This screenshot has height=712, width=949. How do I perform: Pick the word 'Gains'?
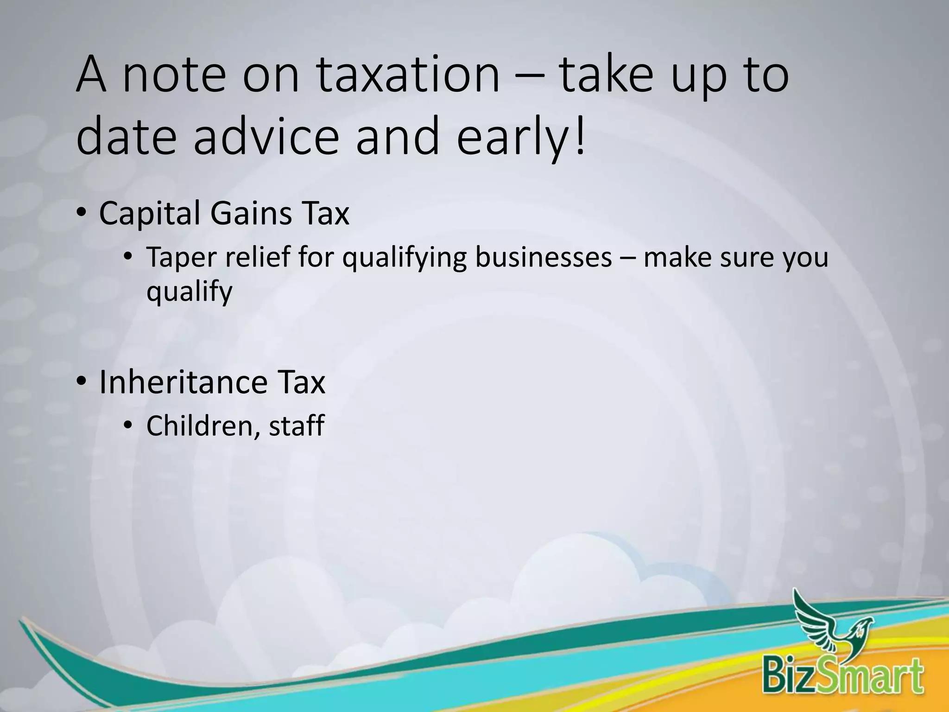[x=250, y=214]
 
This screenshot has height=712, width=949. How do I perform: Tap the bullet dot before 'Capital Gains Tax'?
[x=82, y=213]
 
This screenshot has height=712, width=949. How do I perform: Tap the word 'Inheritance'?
[x=183, y=382]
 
